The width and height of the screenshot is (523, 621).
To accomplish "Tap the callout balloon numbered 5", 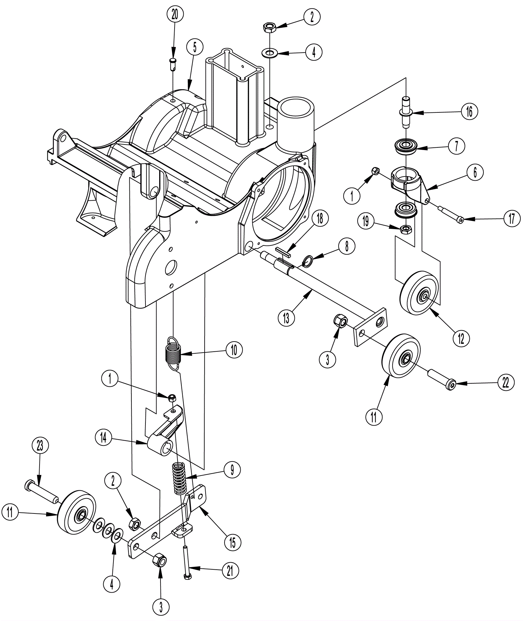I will point(195,48).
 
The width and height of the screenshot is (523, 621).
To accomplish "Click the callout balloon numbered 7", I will point(456,146).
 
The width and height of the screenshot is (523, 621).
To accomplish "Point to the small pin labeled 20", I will point(173,63).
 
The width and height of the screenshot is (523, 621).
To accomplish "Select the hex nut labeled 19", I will point(405,229).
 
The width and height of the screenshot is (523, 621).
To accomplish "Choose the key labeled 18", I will point(283,251).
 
